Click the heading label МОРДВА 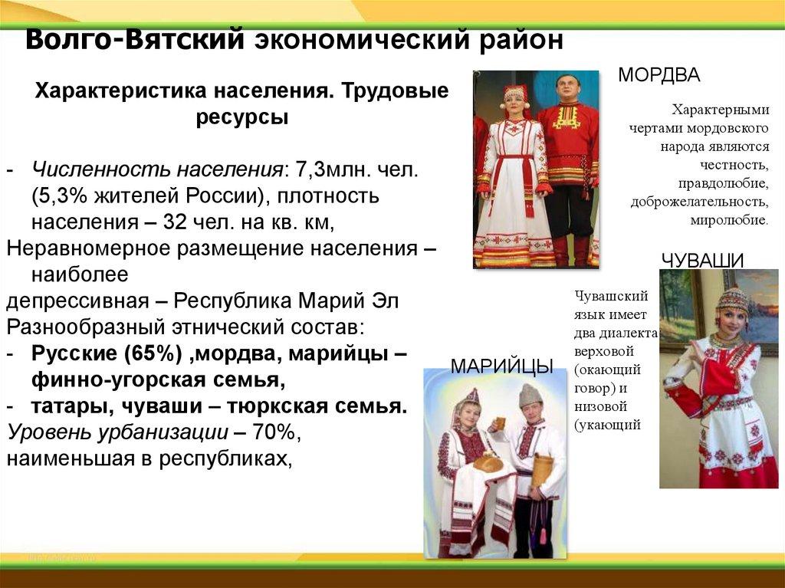click(659, 74)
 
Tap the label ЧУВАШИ click(702, 261)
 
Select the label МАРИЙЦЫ click(502, 366)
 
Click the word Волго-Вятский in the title click(135, 39)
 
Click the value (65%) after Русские click(153, 353)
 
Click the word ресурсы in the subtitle click(241, 118)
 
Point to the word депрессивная click(77, 302)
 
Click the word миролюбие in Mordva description click(730, 220)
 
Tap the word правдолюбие click(724, 183)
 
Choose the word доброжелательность click(700, 202)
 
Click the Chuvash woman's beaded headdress click(731, 301)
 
